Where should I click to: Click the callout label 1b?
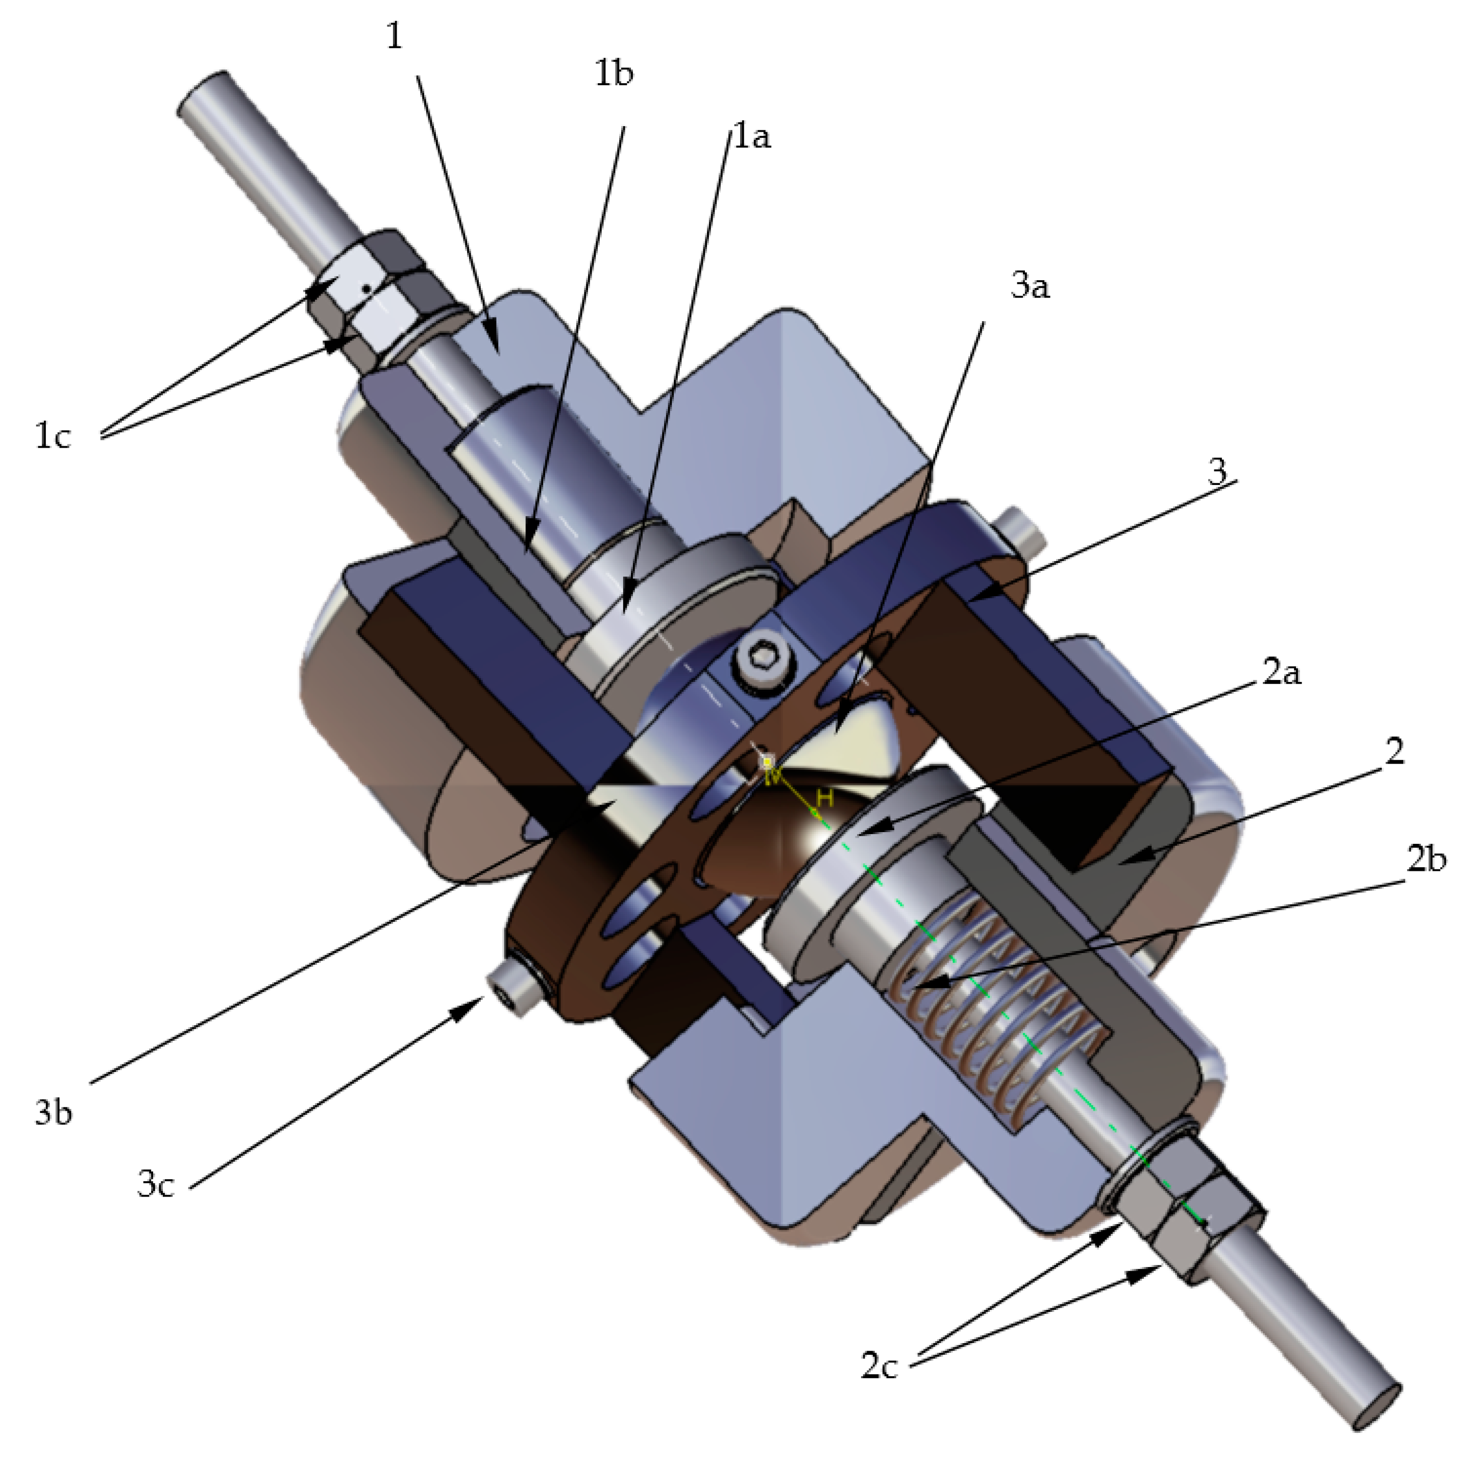pos(614,73)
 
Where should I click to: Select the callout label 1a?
pos(752,137)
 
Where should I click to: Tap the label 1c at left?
pos(53,437)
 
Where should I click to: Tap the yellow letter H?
pos(825,798)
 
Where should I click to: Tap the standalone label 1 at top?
pos(394,36)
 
